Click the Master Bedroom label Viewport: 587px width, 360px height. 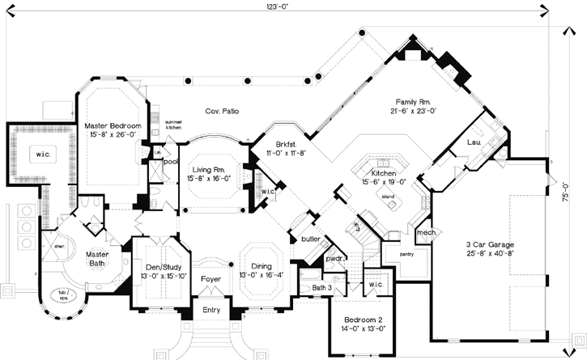113,126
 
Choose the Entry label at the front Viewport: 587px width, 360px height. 211,311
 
